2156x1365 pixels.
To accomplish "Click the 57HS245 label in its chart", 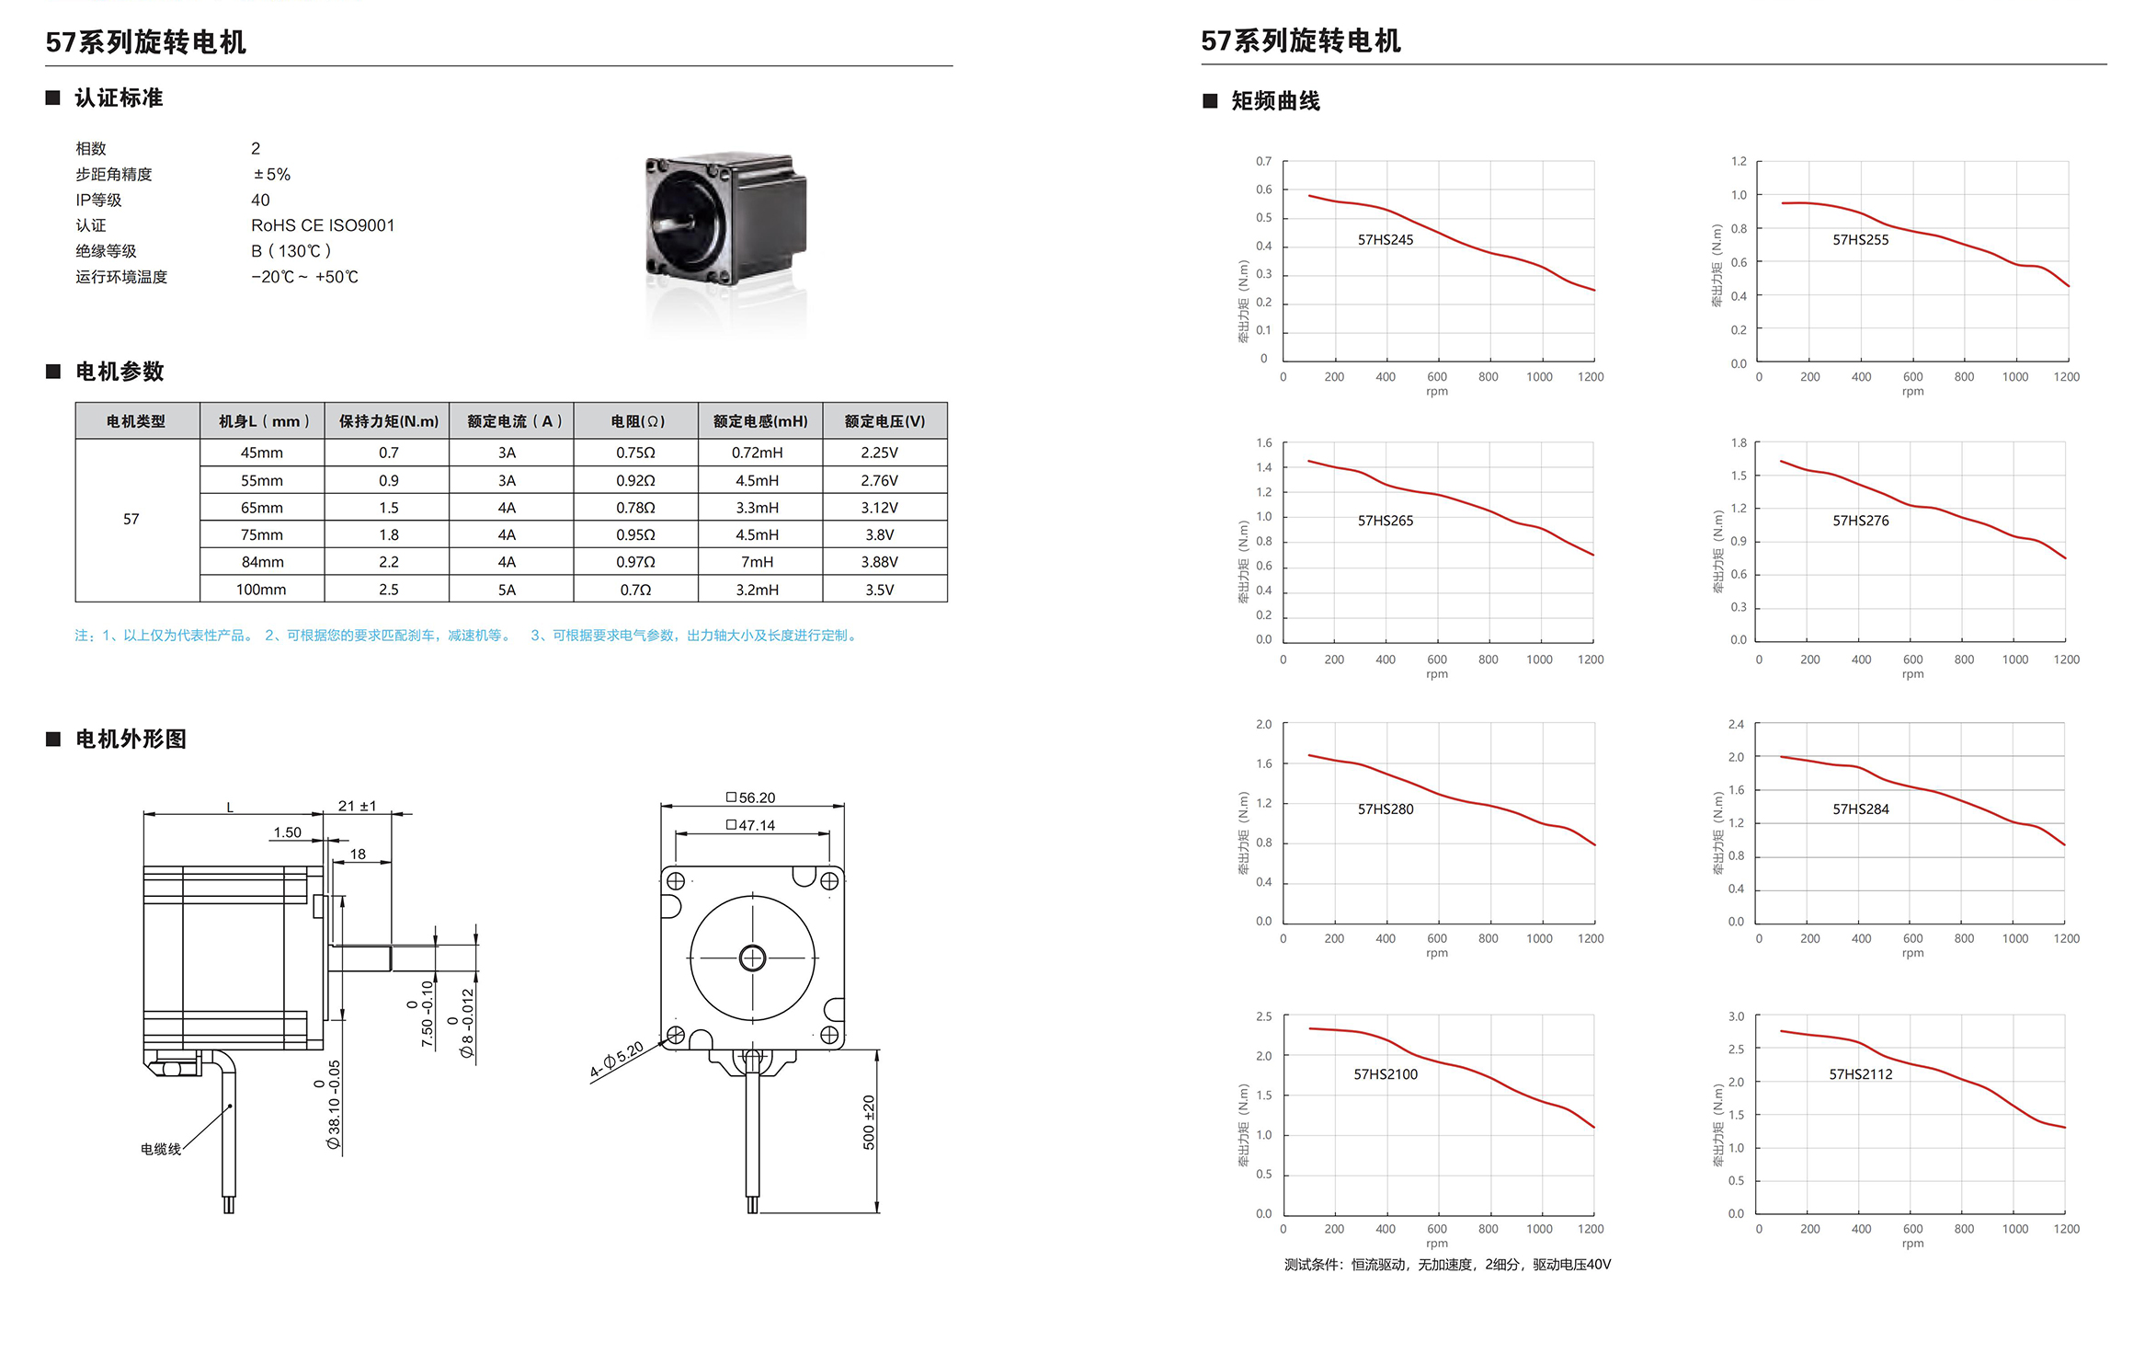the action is click(x=1385, y=240).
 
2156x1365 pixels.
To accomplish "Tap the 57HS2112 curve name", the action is click(x=1860, y=1074).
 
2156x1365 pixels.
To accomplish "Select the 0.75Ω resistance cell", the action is click(x=635, y=453).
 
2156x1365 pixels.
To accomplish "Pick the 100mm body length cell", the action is click(x=261, y=590).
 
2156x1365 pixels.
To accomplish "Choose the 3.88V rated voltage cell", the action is click(x=880, y=562).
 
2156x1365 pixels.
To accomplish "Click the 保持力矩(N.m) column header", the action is click(x=388, y=421).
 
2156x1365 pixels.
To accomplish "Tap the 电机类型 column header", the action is click(x=136, y=421).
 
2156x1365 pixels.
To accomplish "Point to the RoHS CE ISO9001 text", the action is click(x=323, y=225).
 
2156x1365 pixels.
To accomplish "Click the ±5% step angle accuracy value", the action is click(x=272, y=174).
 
